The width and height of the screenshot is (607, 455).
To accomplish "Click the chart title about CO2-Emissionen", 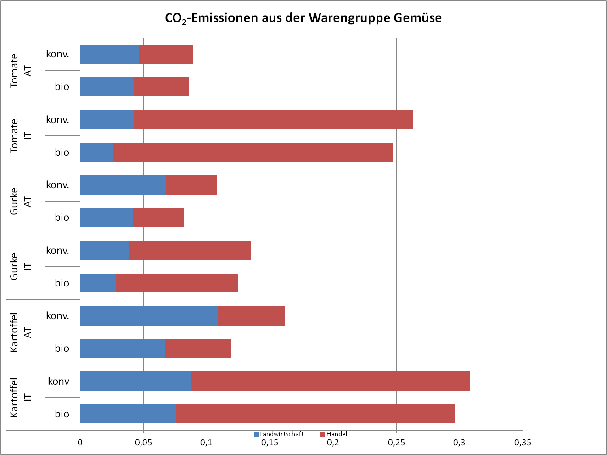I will coord(303,18).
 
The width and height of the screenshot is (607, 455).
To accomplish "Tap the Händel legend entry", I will coord(336,434).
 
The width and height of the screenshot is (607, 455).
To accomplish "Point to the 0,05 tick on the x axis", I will coord(143,443).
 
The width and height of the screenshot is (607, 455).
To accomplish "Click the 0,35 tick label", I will coord(523,443).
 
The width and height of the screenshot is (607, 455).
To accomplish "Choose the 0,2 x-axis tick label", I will coord(333,443).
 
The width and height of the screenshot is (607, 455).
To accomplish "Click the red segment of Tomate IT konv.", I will coord(273,119).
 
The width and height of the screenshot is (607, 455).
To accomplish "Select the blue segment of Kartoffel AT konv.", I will coord(149,316).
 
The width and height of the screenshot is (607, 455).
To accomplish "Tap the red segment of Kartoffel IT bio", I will coord(315,414).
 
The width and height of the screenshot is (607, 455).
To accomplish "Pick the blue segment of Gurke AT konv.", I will coord(123,185).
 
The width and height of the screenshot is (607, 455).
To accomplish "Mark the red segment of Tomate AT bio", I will coord(161,87).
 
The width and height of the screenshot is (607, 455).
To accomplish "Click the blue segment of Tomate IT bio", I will coord(96,152).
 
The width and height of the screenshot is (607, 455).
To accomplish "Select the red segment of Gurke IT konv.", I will coord(189,250).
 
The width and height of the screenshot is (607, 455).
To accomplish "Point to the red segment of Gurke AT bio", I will coord(158,218).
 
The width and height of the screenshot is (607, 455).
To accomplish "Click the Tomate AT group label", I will coord(21,71).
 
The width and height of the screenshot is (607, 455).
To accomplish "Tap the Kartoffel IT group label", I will coord(21,398).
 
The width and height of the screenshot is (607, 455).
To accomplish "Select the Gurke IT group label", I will coord(21,267).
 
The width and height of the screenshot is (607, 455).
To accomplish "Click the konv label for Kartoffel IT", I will coord(58,381).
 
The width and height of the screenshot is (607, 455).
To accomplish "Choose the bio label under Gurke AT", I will coord(62,218).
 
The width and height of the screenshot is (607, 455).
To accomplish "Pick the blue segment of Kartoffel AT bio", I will coord(122,348).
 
